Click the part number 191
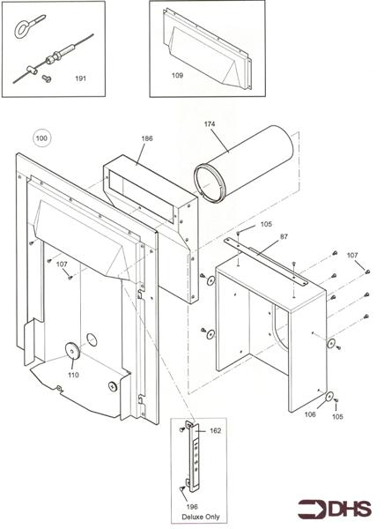click(80, 78)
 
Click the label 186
click(147, 139)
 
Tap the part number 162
click(216, 431)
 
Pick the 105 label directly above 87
click(266, 225)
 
